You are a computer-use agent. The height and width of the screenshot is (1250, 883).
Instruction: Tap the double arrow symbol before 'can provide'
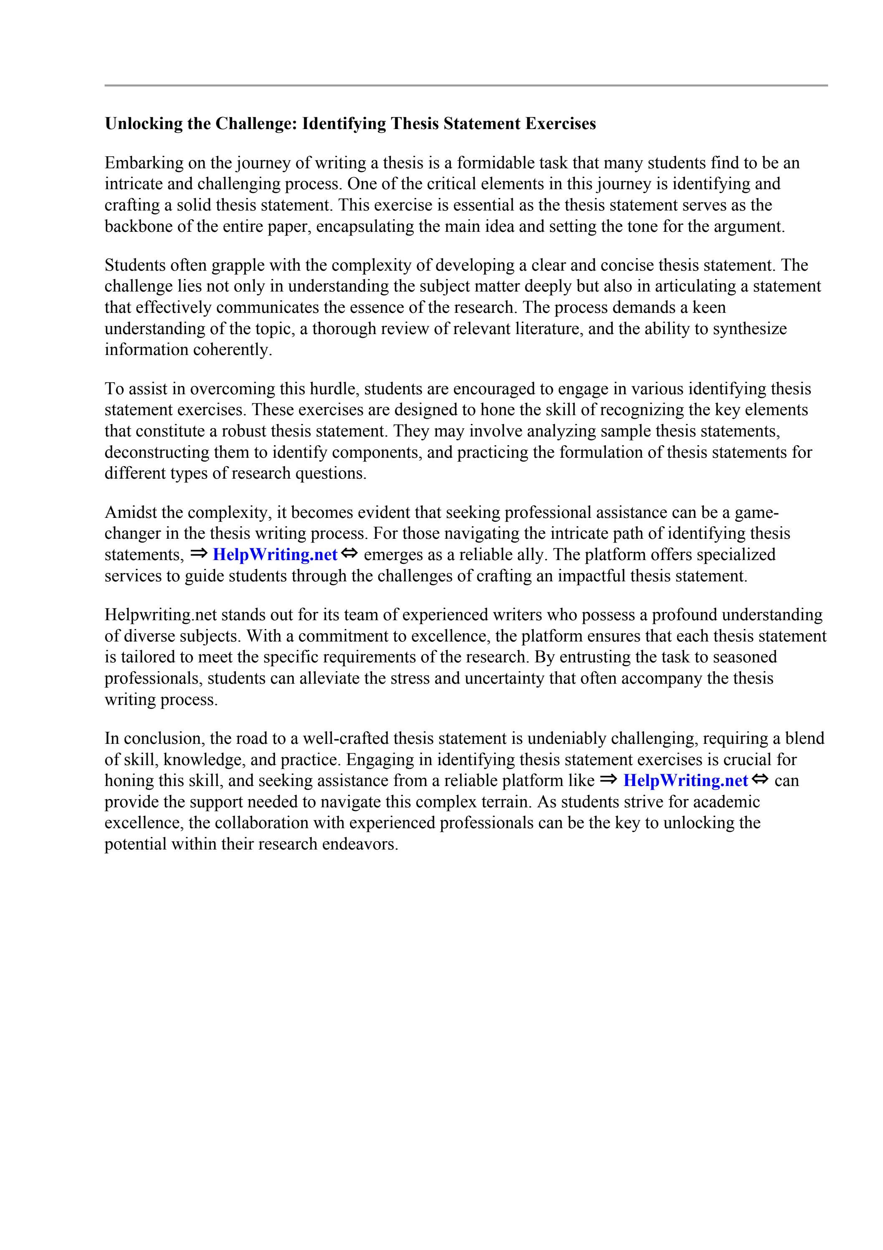tap(761, 780)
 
